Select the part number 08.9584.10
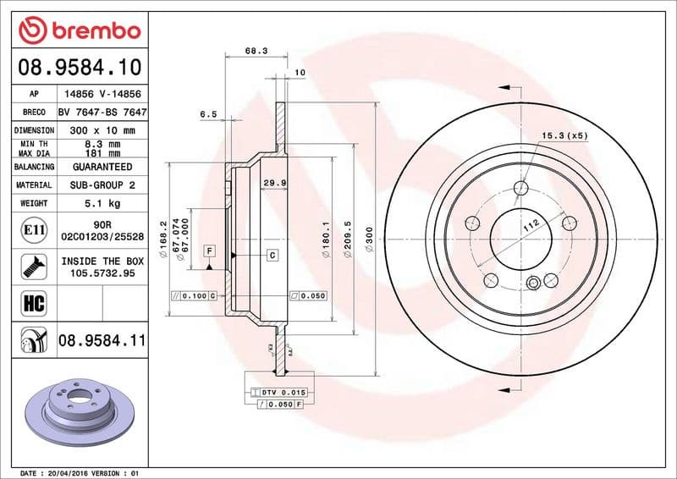[x=79, y=67]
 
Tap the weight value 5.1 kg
[x=102, y=203]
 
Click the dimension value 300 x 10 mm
[x=102, y=130]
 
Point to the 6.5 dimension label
[x=208, y=113]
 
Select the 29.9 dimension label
[x=273, y=183]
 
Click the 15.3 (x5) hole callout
[x=564, y=135]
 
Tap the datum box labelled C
[x=273, y=255]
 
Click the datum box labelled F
[x=208, y=251]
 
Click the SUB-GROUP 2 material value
[x=102, y=184]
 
